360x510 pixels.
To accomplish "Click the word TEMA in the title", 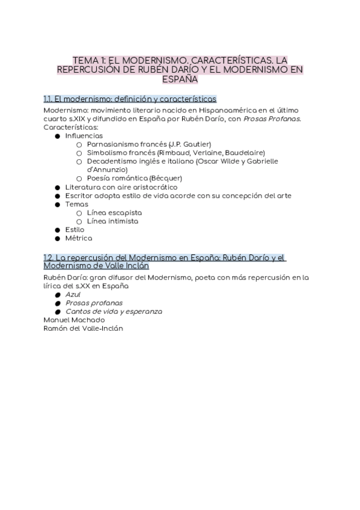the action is (x=84, y=61).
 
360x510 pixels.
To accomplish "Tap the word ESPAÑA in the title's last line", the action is (x=180, y=78).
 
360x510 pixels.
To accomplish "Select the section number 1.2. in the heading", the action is (x=49, y=257).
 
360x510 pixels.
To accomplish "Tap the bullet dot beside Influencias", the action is (x=58, y=136).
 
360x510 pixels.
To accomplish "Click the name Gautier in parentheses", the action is (x=196, y=144).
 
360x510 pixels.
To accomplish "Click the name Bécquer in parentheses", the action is (x=166, y=178).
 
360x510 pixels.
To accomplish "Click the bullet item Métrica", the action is (x=79, y=238).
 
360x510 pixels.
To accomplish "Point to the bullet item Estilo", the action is (x=75, y=230).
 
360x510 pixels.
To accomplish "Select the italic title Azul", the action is (x=73, y=295).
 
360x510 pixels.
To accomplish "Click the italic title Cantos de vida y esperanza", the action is (x=114, y=312).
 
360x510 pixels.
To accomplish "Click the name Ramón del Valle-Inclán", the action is (x=84, y=328).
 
